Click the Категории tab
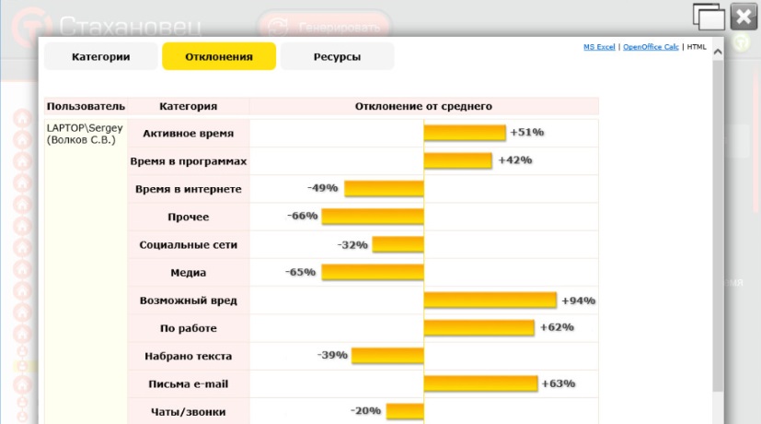pyautogui.click(x=100, y=57)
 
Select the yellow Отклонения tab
pyautogui.click(x=219, y=57)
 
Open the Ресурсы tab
pyautogui.click(x=337, y=57)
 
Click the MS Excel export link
pyautogui.click(x=599, y=46)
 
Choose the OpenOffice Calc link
pyautogui.click(x=651, y=46)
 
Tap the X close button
pyautogui.click(x=744, y=17)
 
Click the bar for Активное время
pyautogui.click(x=465, y=133)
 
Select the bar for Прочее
pyautogui.click(x=372, y=217)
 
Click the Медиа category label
pyautogui.click(x=188, y=273)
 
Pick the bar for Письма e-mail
pyautogui.click(x=480, y=383)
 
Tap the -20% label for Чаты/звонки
pyautogui.click(x=365, y=411)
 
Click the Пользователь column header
pyautogui.click(x=86, y=106)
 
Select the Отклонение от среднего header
pyautogui.click(x=423, y=106)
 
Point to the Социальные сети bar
pyautogui.click(x=398, y=245)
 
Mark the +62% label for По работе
pyautogui.click(x=557, y=327)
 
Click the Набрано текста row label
pyautogui.click(x=188, y=356)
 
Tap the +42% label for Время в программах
pyautogui.click(x=515, y=160)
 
